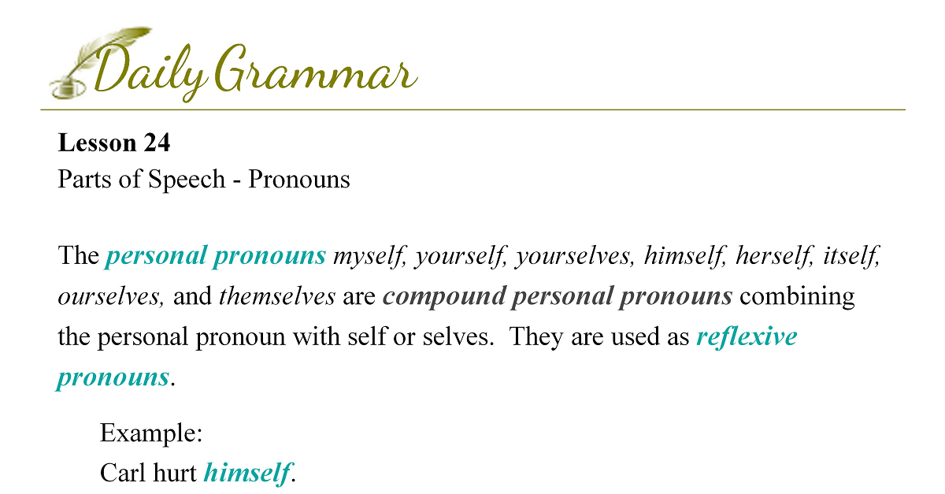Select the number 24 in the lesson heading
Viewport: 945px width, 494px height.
click(x=157, y=143)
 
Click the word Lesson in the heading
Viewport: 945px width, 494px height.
click(x=97, y=143)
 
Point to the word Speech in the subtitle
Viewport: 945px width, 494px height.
click(x=187, y=180)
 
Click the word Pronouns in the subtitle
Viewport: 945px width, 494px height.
click(x=299, y=179)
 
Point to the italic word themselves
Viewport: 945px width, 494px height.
click(x=277, y=295)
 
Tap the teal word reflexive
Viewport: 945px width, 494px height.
click(x=747, y=336)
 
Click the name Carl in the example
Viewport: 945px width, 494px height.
click(x=123, y=473)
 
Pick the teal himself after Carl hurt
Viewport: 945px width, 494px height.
click(x=247, y=473)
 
